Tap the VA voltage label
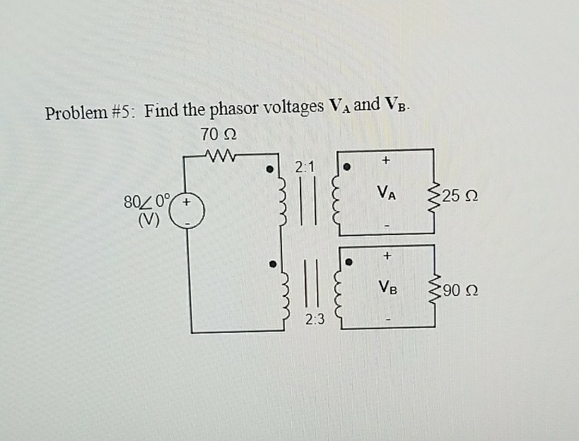click(387, 193)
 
